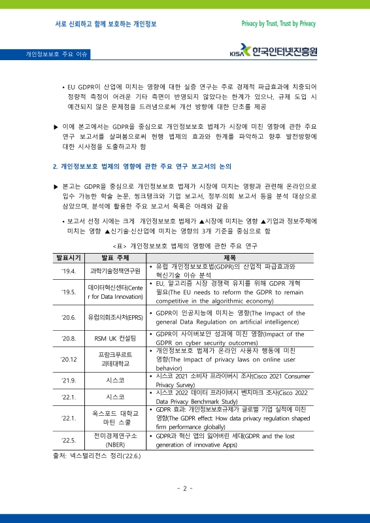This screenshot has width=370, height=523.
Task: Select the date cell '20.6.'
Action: click(x=69, y=317)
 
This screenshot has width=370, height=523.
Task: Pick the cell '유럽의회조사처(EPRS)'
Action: click(x=115, y=317)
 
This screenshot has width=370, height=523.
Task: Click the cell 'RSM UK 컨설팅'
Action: click(x=115, y=338)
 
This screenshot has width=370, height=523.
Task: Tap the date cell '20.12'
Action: click(x=69, y=359)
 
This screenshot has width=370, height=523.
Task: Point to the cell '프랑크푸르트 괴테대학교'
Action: click(x=115, y=359)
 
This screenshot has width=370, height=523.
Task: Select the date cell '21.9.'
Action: click(x=69, y=380)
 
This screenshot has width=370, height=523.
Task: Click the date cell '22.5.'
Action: click(x=69, y=440)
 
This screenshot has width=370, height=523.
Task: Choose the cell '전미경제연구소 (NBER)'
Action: click(x=115, y=440)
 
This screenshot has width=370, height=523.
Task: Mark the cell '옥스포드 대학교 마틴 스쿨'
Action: click(x=115, y=418)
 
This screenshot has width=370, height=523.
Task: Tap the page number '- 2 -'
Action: click(x=184, y=488)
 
